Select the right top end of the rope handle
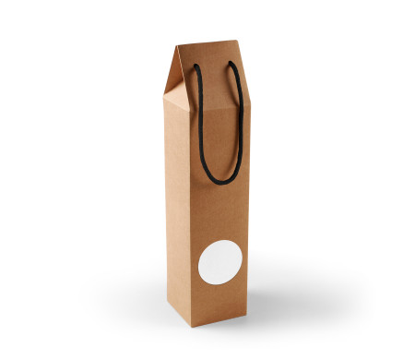pyautogui.click(x=234, y=66)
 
